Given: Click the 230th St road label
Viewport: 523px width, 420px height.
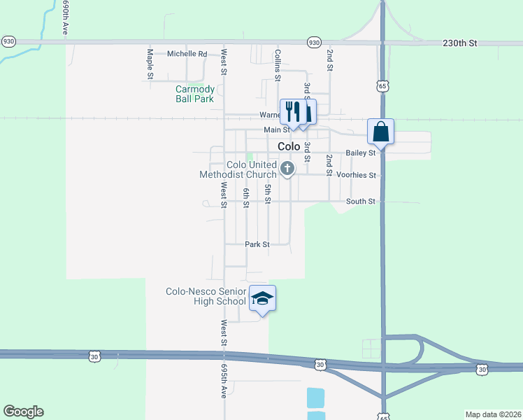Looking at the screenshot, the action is (459, 43).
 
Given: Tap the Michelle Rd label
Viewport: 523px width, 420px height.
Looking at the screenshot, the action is (187, 54).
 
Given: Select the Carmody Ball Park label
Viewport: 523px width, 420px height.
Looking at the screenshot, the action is (194, 94).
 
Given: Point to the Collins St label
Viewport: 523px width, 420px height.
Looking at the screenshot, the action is (278, 63).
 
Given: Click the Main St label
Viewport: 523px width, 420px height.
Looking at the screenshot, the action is (276, 130).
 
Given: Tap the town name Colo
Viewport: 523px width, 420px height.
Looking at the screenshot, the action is (289, 147).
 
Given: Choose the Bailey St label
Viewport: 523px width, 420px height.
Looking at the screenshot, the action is (361, 153).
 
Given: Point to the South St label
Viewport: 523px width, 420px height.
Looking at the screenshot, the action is (361, 202).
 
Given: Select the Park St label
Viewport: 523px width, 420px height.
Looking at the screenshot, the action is (257, 244).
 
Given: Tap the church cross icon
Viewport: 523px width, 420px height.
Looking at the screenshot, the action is (287, 169).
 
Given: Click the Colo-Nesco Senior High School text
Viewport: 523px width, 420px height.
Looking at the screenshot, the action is (206, 296).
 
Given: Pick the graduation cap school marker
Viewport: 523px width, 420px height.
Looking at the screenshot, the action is (262, 299).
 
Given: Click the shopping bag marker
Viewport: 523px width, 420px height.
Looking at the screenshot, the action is (381, 131).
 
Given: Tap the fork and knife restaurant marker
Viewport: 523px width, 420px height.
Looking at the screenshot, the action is (292, 111).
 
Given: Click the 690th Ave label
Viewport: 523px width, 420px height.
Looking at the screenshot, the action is (65, 19).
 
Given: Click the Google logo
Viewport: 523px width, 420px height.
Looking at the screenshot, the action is (23, 412).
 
